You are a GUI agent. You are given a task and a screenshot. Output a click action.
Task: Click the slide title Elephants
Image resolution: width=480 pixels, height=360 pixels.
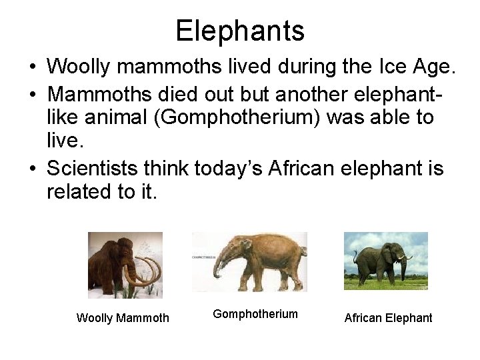[x=240, y=31]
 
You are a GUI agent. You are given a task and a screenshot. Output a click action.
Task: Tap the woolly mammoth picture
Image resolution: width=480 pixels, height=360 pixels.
[x=125, y=265]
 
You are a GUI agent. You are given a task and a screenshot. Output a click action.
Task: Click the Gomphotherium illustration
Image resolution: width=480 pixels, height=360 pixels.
[x=249, y=261]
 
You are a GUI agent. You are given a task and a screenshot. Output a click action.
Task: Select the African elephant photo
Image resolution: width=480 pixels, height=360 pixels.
[x=385, y=261]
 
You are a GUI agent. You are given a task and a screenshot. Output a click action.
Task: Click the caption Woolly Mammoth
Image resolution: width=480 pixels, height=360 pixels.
[x=123, y=318]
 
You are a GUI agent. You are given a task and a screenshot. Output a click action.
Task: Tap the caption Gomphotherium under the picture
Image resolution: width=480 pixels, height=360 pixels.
[x=255, y=314]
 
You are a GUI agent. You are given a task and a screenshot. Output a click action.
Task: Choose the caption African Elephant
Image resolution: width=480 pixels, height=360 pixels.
[x=388, y=318]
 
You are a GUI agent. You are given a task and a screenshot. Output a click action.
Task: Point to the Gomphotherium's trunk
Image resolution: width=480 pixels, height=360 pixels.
[x=217, y=267]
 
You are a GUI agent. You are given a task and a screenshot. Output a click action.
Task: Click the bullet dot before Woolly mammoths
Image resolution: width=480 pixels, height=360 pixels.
[x=33, y=67]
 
